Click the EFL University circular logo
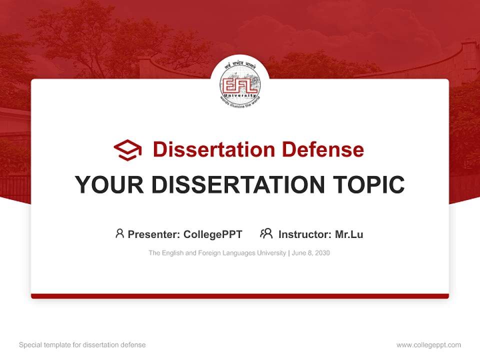(x=239, y=82)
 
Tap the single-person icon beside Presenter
(x=119, y=233)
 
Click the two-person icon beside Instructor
(x=266, y=233)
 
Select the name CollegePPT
(x=213, y=234)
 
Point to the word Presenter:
(x=154, y=234)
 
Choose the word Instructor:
(x=305, y=234)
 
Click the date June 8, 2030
(x=310, y=253)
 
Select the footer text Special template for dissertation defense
(x=82, y=345)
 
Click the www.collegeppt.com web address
(x=428, y=345)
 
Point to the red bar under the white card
(x=240, y=296)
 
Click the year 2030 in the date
(x=322, y=253)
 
